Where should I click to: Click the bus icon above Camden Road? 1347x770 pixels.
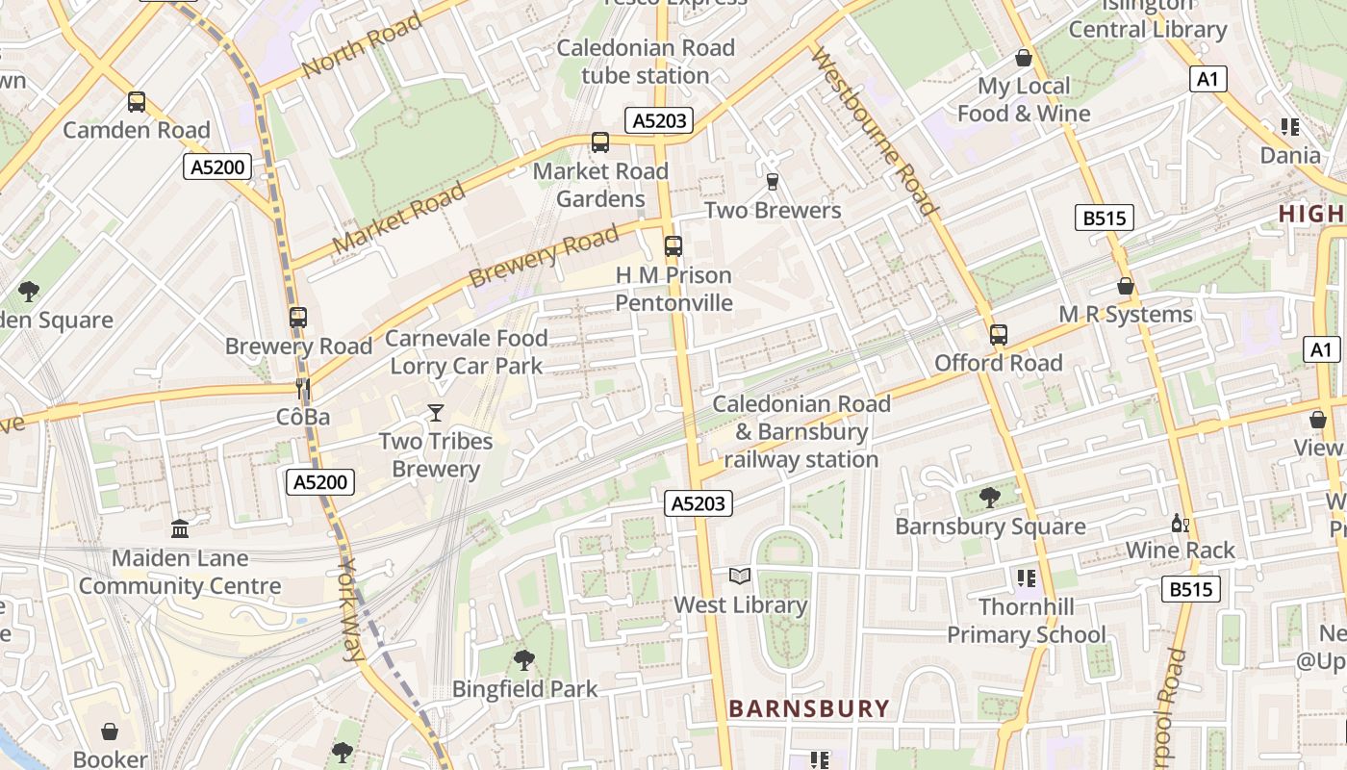coord(137,102)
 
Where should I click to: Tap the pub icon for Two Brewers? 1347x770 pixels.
coord(772,181)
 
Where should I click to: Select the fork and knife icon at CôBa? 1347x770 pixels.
coord(303,389)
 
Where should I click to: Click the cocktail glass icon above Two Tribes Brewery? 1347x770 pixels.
coord(436,413)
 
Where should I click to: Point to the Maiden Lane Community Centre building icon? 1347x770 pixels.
coord(180,528)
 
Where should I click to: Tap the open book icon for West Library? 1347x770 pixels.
coord(739,577)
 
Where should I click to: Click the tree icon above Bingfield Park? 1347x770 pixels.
coord(524,660)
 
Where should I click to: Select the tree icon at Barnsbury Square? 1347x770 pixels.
coord(989,498)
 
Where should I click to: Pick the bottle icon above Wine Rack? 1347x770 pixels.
coord(1180,524)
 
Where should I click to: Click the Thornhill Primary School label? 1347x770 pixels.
coord(1027,621)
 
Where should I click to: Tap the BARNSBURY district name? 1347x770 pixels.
coord(808,709)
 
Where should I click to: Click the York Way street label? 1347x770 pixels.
coord(351,610)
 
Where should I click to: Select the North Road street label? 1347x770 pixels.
coord(362,45)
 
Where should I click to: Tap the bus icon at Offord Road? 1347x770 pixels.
coord(999,335)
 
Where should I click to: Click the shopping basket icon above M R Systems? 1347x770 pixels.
coord(1126,287)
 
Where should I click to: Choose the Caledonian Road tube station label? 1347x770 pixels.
coord(646,62)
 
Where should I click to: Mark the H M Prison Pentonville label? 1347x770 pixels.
coord(673,289)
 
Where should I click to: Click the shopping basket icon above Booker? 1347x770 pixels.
coord(111,731)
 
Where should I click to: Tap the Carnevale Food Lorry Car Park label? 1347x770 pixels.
coord(467,352)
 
